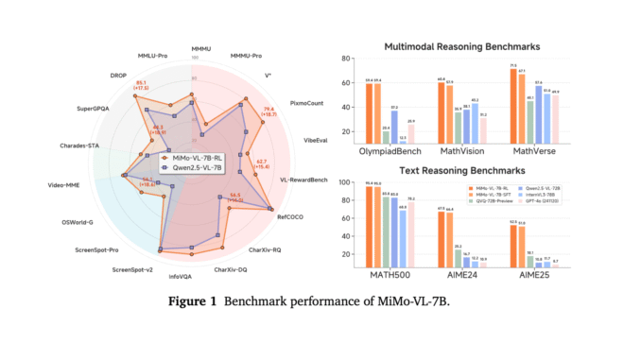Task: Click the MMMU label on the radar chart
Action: [x=200, y=47]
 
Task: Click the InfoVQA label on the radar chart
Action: [x=182, y=277]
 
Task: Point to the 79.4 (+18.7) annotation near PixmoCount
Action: [x=268, y=113]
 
